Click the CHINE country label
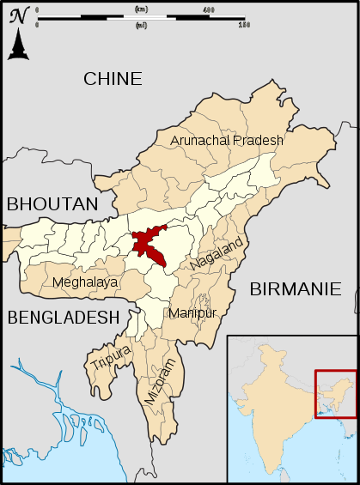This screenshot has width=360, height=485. tap(113, 79)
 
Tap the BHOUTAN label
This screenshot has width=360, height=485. tap(52, 203)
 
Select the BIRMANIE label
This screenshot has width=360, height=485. tap(295, 289)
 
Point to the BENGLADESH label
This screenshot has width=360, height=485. tap(63, 317)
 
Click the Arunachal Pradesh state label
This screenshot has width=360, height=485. tap(226, 140)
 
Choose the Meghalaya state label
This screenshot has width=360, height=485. tap(85, 282)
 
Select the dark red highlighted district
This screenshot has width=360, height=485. tap(149, 245)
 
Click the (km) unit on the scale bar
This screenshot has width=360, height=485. tap(140, 9)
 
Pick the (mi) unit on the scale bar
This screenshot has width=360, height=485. tap(140, 25)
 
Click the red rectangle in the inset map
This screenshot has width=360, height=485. tap(334, 394)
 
